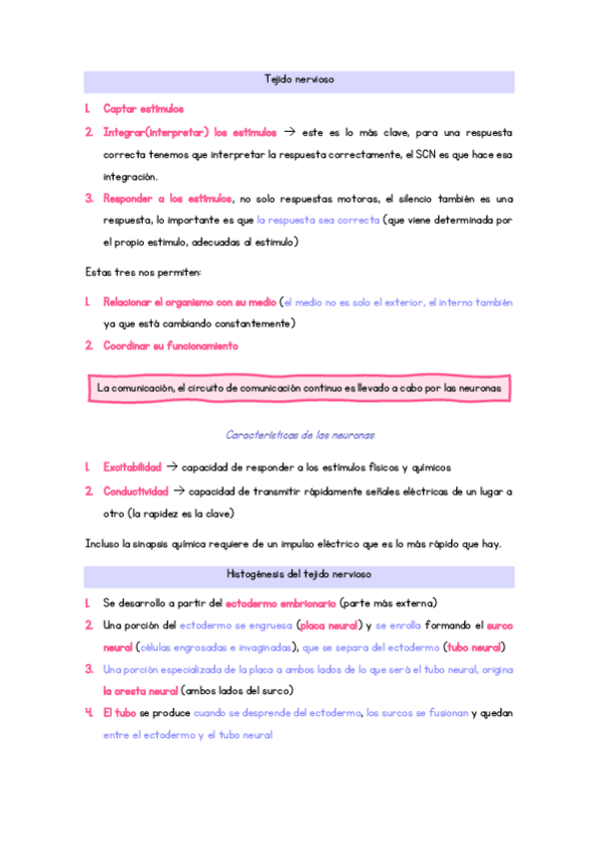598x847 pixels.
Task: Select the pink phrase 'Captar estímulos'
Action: coord(143,108)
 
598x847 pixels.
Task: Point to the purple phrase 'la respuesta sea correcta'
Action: coord(317,219)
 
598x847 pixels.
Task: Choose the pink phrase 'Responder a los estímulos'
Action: coord(168,198)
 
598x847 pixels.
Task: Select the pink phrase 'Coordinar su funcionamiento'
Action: coord(171,346)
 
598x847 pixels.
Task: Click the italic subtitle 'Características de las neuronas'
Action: coord(299,434)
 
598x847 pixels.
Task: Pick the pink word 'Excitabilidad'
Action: coord(132,466)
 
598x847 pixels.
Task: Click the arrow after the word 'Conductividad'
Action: coord(179,490)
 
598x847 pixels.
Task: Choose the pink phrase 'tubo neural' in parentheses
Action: coord(474,647)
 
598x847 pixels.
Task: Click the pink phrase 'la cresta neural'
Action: coord(140,690)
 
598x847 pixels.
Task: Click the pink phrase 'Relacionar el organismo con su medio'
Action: coord(190,302)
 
